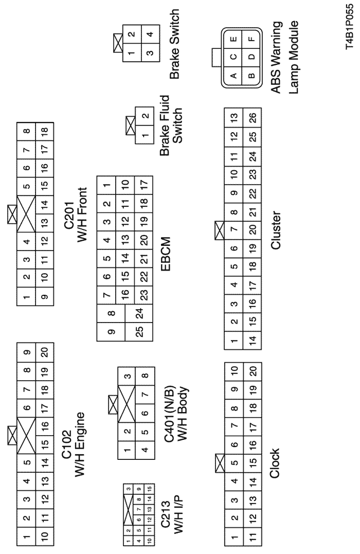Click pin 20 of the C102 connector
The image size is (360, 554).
(x=45, y=352)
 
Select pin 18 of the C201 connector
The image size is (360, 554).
(x=45, y=132)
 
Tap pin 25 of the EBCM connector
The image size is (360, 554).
(x=139, y=331)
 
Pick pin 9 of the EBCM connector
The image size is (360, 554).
(x=111, y=332)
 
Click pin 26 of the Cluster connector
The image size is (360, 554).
(x=252, y=117)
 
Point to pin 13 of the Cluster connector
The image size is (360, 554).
(x=233, y=117)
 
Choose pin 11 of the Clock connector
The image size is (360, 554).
(x=252, y=537)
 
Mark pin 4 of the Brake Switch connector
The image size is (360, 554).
(x=150, y=34)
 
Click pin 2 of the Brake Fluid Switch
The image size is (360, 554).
(x=145, y=116)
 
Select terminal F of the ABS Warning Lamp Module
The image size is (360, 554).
(x=251, y=39)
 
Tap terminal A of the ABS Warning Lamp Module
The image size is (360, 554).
(x=233, y=76)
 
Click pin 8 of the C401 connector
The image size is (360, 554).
(x=145, y=376)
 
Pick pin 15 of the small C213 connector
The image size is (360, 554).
(x=150, y=489)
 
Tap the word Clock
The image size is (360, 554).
(x=274, y=463)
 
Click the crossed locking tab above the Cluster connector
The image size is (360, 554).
(x=220, y=230)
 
